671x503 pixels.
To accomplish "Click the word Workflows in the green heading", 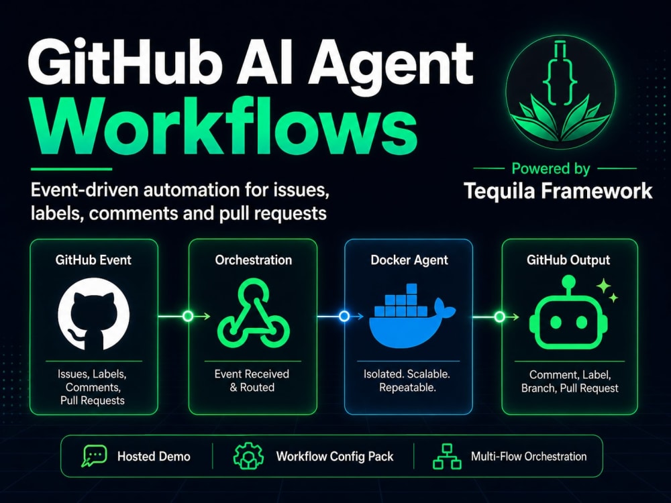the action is point(225,126).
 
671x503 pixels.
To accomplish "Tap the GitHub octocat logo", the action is point(94,313).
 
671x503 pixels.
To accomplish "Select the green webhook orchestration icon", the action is point(254,313).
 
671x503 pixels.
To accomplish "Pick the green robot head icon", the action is point(569,313).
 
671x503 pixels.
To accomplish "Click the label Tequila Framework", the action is point(558,190).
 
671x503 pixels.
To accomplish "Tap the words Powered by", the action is point(551,168).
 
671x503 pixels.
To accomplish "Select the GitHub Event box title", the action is point(93,260).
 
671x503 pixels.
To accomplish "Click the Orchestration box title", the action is point(254,260).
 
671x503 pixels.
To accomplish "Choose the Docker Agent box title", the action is point(409,260).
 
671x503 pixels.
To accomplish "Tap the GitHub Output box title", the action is point(568,260).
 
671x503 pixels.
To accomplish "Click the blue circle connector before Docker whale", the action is point(344,317).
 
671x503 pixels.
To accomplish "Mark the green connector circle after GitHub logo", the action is point(188,317).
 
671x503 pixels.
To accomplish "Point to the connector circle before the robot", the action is point(499,317).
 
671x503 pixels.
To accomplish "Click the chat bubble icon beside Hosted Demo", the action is point(94,456).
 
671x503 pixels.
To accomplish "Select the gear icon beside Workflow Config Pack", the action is point(248,456).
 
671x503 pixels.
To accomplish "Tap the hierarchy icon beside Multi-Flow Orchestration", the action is point(447,456).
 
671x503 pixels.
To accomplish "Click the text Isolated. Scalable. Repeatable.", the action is point(407,381).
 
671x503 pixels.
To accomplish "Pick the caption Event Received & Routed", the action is point(252,381).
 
